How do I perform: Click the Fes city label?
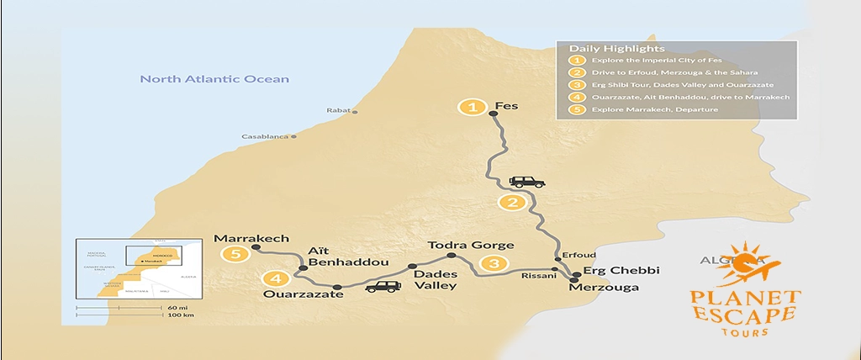[507, 108]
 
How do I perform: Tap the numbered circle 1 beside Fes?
[473, 108]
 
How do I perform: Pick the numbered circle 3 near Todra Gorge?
[494, 264]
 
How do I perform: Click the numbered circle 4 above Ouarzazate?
[276, 278]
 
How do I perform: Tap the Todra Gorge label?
[470, 245]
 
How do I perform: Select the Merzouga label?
[604, 288]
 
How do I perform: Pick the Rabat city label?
[338, 111]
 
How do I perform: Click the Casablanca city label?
[265, 136]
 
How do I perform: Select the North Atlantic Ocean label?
[214, 79]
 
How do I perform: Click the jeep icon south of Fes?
[527, 182]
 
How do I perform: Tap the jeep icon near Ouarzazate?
[383, 287]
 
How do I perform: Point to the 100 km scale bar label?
[176, 315]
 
